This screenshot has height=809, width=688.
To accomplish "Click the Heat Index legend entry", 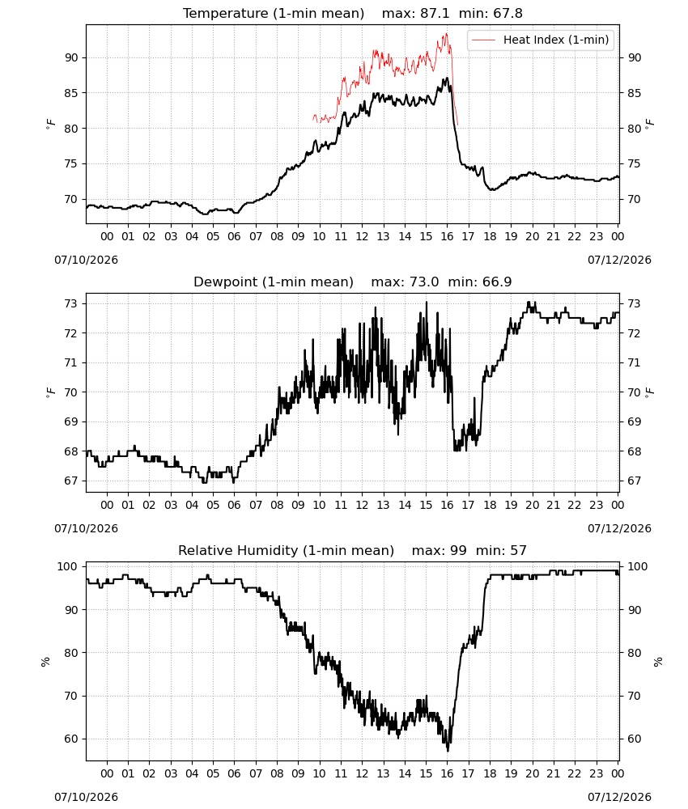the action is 541,40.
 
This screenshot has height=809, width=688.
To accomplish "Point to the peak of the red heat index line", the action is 447,33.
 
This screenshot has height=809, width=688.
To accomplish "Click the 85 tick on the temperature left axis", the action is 71,93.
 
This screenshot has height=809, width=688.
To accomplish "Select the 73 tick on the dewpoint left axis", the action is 71,303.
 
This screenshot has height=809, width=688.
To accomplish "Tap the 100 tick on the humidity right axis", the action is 637,566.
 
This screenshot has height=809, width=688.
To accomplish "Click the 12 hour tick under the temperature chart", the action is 362,236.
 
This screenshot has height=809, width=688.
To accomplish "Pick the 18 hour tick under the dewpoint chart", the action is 490,505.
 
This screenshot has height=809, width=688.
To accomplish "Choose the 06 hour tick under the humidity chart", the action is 234,773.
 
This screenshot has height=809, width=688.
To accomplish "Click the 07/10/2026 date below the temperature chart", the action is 86,260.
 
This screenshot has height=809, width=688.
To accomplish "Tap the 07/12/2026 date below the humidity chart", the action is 619,797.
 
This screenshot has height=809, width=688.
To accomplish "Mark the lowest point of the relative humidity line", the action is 448,751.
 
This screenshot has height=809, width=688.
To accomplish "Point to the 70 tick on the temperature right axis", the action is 634,199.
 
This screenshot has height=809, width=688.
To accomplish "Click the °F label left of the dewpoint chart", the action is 50,392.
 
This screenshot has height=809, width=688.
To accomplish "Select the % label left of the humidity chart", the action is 45,662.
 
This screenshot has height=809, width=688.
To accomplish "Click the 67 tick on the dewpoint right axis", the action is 634,481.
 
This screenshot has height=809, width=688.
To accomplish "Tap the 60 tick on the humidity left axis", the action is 71,739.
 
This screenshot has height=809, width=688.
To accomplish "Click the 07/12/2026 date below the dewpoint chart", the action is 619,528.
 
